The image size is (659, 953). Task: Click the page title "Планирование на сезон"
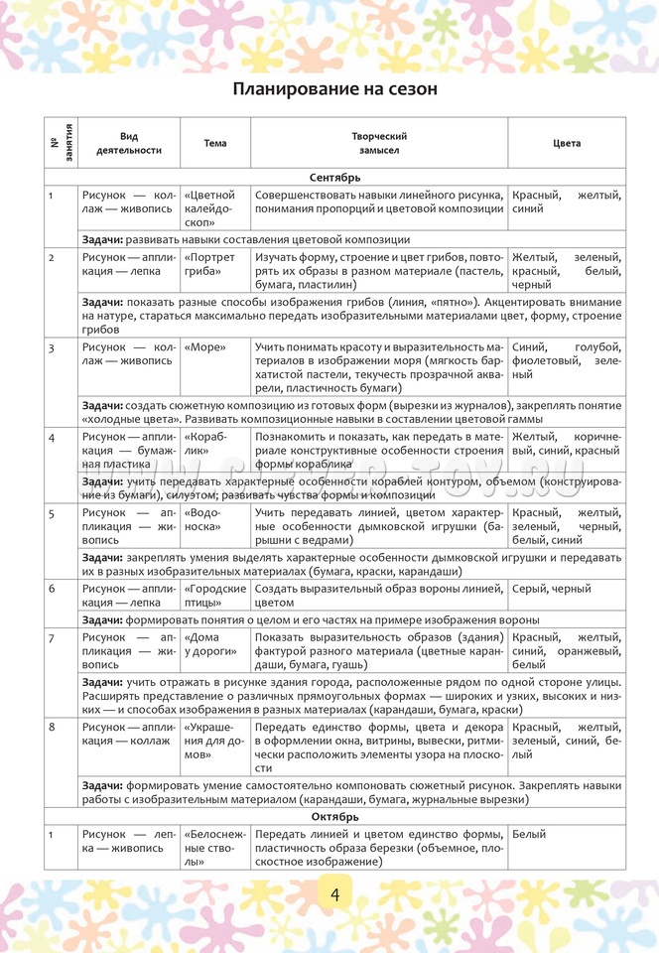(x=334, y=88)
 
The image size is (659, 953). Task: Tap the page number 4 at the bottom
(x=335, y=894)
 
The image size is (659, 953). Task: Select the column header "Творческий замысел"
(x=379, y=143)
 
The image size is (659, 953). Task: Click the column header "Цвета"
(x=567, y=143)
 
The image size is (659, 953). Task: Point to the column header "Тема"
(x=215, y=143)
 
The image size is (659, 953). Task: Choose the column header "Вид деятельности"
(x=129, y=143)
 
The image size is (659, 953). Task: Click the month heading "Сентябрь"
(x=334, y=177)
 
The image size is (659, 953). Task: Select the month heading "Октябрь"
(x=334, y=816)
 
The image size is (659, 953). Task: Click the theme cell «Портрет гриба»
(x=209, y=264)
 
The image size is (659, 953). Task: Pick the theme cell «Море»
(x=205, y=346)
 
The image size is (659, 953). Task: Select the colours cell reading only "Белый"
(x=530, y=835)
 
